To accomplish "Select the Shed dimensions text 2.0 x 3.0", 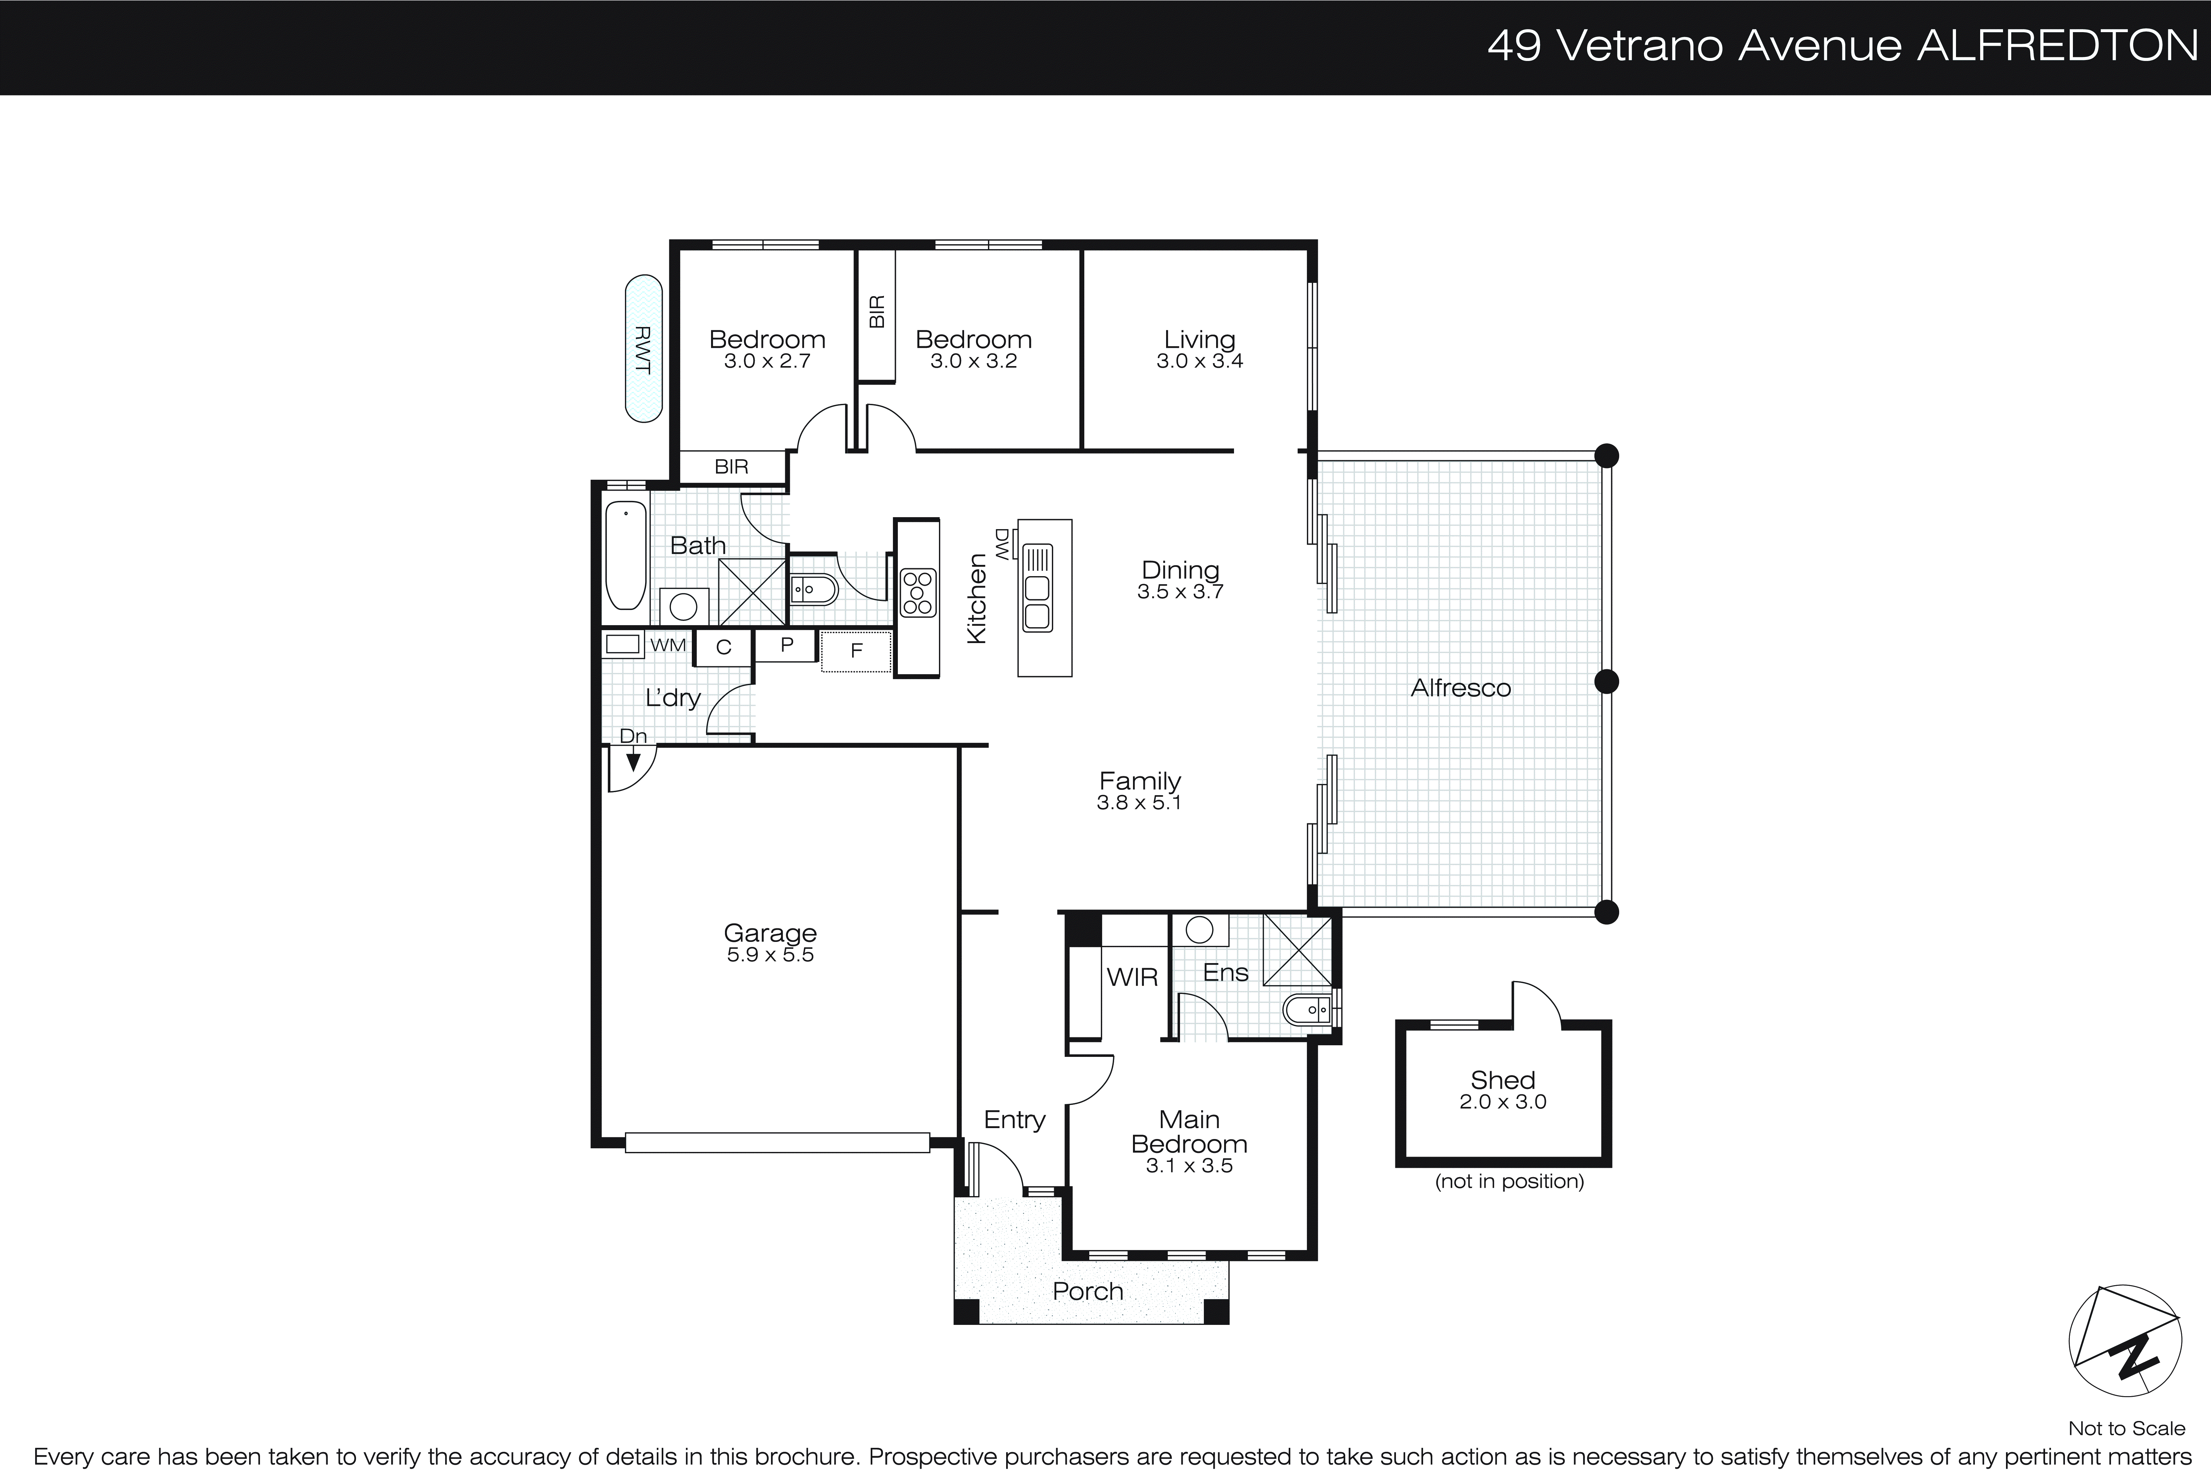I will point(1503,1103).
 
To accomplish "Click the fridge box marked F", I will point(856,651).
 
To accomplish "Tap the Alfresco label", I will point(1460,688).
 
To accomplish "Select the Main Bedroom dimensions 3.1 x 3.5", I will point(1188,1166).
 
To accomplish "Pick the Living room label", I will point(1199,339).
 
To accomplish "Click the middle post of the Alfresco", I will point(1607,681).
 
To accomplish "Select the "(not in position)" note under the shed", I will point(1509,1181).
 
